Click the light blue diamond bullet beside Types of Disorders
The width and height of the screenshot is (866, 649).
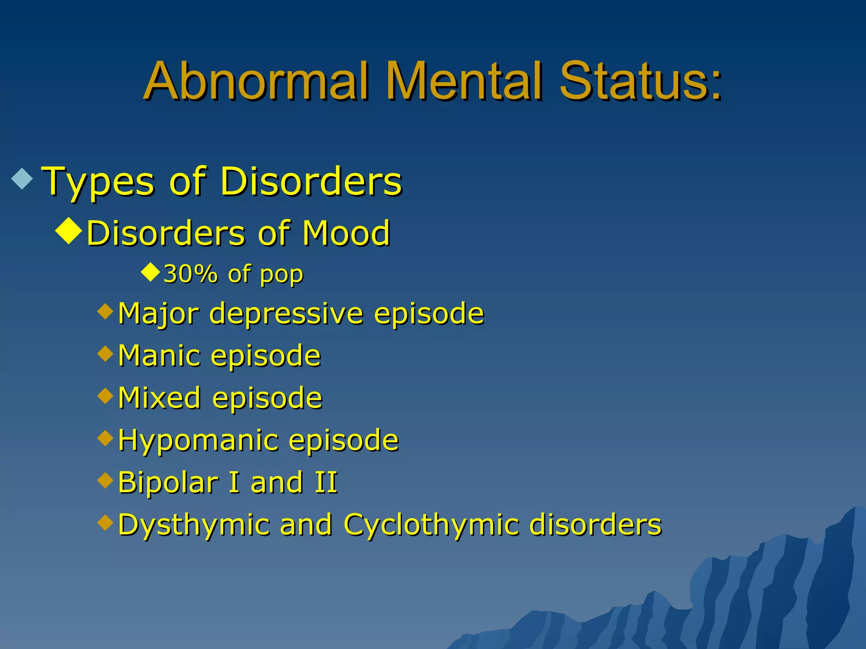pos(22,178)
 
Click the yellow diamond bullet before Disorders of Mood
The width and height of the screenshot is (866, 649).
pos(69,231)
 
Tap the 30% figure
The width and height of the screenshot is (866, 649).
pos(190,274)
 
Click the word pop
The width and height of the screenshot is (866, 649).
pos(281,275)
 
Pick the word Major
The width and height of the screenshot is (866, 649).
pos(158,314)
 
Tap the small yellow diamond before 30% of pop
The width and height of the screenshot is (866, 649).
pos(150,273)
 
